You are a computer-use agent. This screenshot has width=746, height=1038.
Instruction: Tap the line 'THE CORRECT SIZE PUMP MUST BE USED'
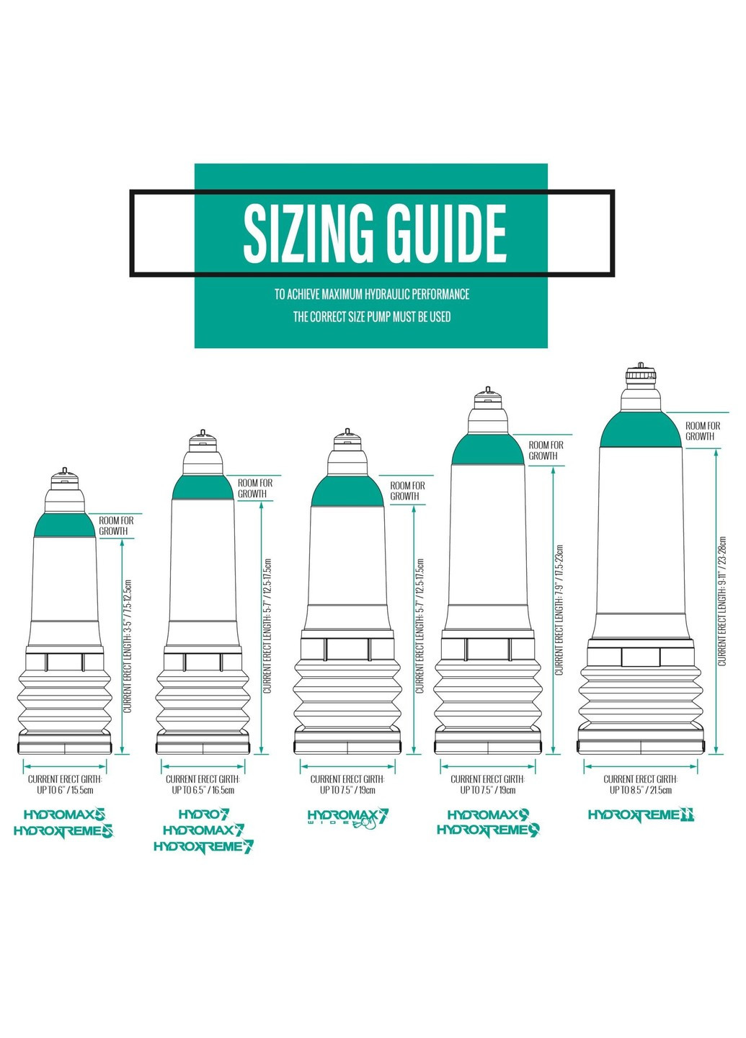[x=372, y=317]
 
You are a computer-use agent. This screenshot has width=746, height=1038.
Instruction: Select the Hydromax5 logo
[x=64, y=815]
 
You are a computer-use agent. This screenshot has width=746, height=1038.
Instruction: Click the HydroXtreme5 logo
[x=63, y=831]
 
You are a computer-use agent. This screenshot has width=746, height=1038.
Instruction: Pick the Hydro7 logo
[x=204, y=815]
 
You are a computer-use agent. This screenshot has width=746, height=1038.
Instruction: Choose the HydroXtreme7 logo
[x=204, y=846]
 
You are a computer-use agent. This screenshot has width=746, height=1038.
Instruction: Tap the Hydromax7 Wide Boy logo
[x=348, y=817]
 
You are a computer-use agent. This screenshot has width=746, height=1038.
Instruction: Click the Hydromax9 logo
[x=489, y=815]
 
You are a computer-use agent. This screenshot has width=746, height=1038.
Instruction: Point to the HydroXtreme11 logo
[x=641, y=815]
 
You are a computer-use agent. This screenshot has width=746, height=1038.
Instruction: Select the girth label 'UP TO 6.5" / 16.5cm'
[x=203, y=790]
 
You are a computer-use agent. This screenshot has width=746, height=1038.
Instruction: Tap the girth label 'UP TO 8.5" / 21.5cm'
[x=640, y=790]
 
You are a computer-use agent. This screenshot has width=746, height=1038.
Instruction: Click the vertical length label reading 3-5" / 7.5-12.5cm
[x=128, y=647]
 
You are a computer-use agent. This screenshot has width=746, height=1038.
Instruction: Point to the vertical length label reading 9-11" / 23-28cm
[x=722, y=601]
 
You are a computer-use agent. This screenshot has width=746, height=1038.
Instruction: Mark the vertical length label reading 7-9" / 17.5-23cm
[x=559, y=609]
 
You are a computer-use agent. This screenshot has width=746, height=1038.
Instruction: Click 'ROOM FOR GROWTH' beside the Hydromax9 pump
[x=546, y=451]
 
